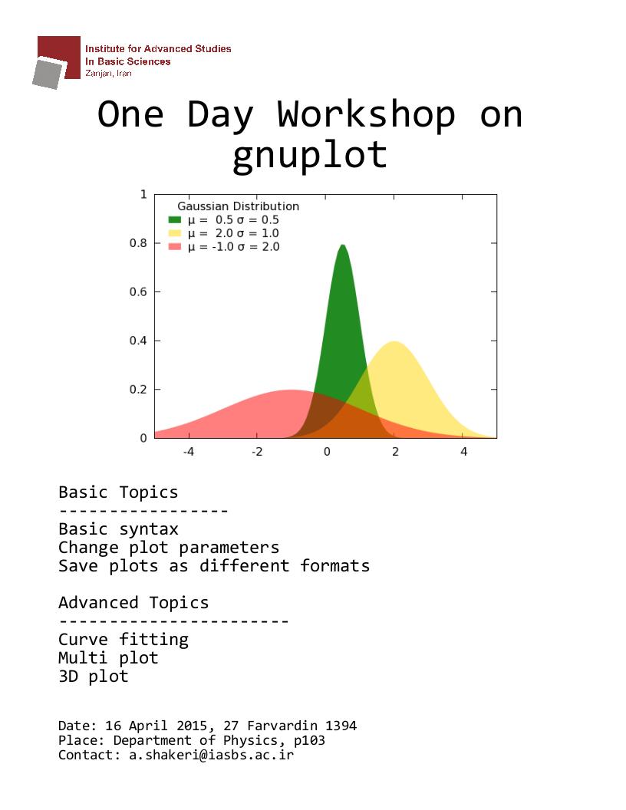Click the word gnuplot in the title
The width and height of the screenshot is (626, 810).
(310, 156)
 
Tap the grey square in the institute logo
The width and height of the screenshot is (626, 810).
(48, 74)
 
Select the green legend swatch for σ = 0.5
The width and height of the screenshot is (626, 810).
(175, 219)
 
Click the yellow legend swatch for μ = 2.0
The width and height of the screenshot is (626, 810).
(175, 233)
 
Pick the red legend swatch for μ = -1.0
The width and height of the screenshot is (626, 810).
(175, 246)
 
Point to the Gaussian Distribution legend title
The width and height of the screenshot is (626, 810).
(238, 206)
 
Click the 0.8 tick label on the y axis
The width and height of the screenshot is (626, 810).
(138, 243)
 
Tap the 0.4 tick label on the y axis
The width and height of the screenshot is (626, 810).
(138, 341)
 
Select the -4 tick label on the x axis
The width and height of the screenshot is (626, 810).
(189, 452)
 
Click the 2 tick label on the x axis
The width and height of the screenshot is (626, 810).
(395, 452)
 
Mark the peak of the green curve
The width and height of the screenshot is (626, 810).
(342, 245)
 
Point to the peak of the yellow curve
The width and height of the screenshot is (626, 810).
(394, 342)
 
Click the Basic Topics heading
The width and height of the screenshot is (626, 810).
(118, 492)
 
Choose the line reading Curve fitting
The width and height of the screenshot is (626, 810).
(124, 640)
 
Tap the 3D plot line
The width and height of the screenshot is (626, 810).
(94, 677)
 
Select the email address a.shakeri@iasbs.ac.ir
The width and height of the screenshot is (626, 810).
(211, 755)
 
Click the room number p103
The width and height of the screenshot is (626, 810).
(309, 740)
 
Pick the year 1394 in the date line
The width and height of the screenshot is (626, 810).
(341, 726)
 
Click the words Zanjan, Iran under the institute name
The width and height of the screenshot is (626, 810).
(108, 74)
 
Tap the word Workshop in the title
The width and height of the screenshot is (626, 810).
(366, 115)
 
